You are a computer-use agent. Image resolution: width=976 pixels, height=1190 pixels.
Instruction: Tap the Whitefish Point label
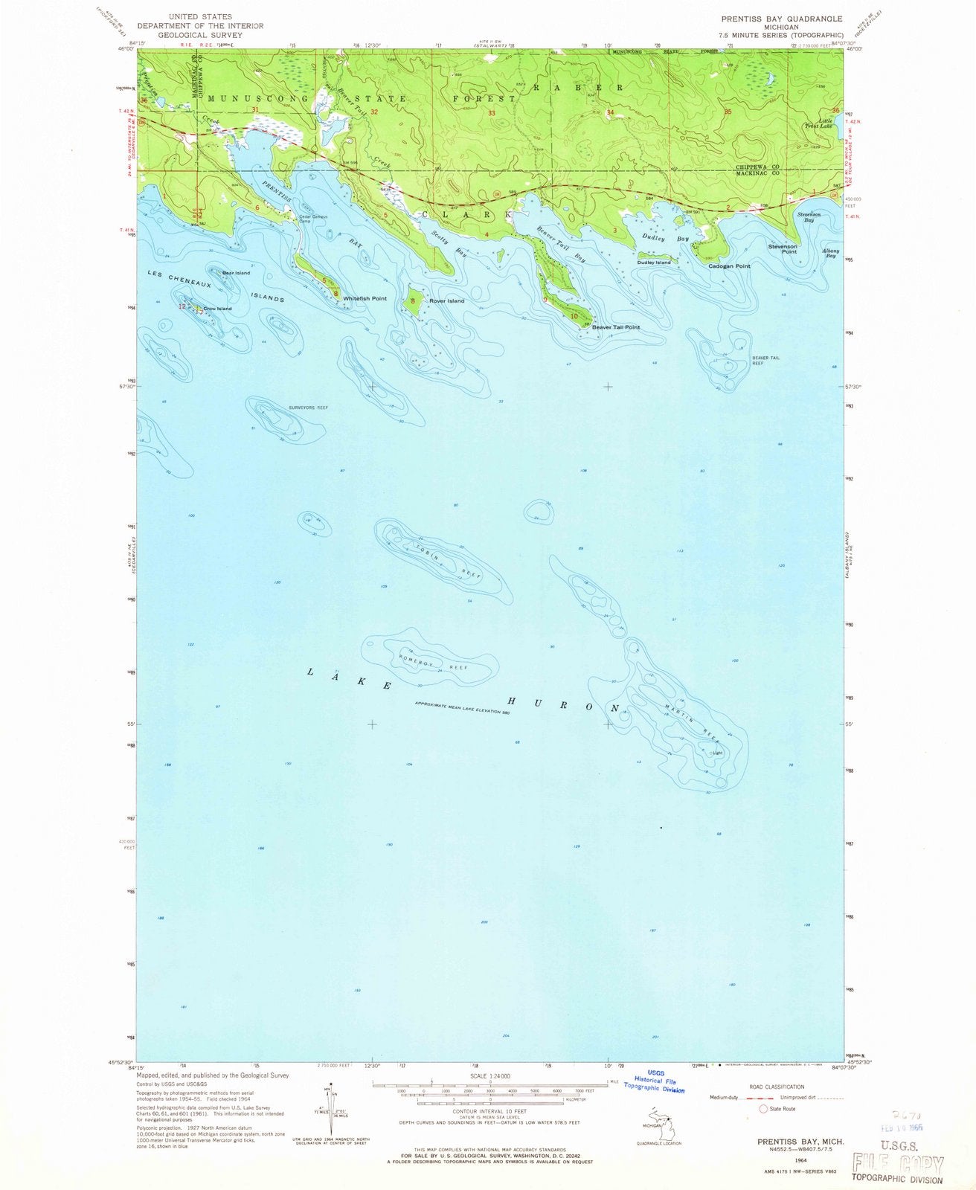pyautogui.click(x=365, y=298)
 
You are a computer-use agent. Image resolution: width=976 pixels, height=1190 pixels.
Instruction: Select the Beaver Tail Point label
pyautogui.click(x=615, y=327)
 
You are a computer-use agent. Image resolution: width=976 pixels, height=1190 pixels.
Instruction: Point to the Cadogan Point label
pyautogui.click(x=729, y=266)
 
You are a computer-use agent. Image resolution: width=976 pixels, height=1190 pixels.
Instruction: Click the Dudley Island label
pyautogui.click(x=653, y=263)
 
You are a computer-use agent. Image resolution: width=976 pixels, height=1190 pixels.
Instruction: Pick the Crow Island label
pyautogui.click(x=217, y=309)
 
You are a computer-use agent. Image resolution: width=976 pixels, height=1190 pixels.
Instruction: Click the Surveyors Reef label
pyautogui.click(x=308, y=408)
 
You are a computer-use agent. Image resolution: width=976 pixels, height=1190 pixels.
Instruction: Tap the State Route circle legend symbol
pyautogui.click(x=762, y=1109)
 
